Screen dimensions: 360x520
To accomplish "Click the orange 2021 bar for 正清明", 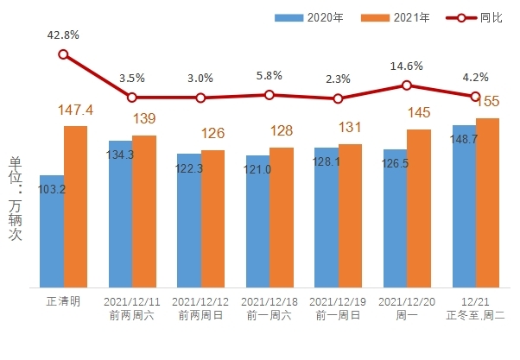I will (75, 206).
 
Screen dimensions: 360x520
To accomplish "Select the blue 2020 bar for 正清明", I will (51, 231).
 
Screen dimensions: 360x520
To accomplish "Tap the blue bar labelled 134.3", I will (120, 214).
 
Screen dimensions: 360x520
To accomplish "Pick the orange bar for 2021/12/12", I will (212, 218).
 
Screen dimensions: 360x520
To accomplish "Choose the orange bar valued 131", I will (350, 216).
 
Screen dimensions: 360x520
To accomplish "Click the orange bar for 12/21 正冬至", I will (487, 203).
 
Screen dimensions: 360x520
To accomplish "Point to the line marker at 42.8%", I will (63, 54).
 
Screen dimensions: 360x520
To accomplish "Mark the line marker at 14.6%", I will (407, 85).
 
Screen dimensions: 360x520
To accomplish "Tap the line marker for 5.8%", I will (270, 95).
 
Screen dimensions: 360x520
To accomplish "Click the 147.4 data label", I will (76, 111).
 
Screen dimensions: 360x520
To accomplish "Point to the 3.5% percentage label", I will (132, 79).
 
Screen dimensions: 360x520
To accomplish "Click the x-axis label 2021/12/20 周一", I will (406, 308).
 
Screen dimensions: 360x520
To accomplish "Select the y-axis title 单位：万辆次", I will (15, 199).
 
